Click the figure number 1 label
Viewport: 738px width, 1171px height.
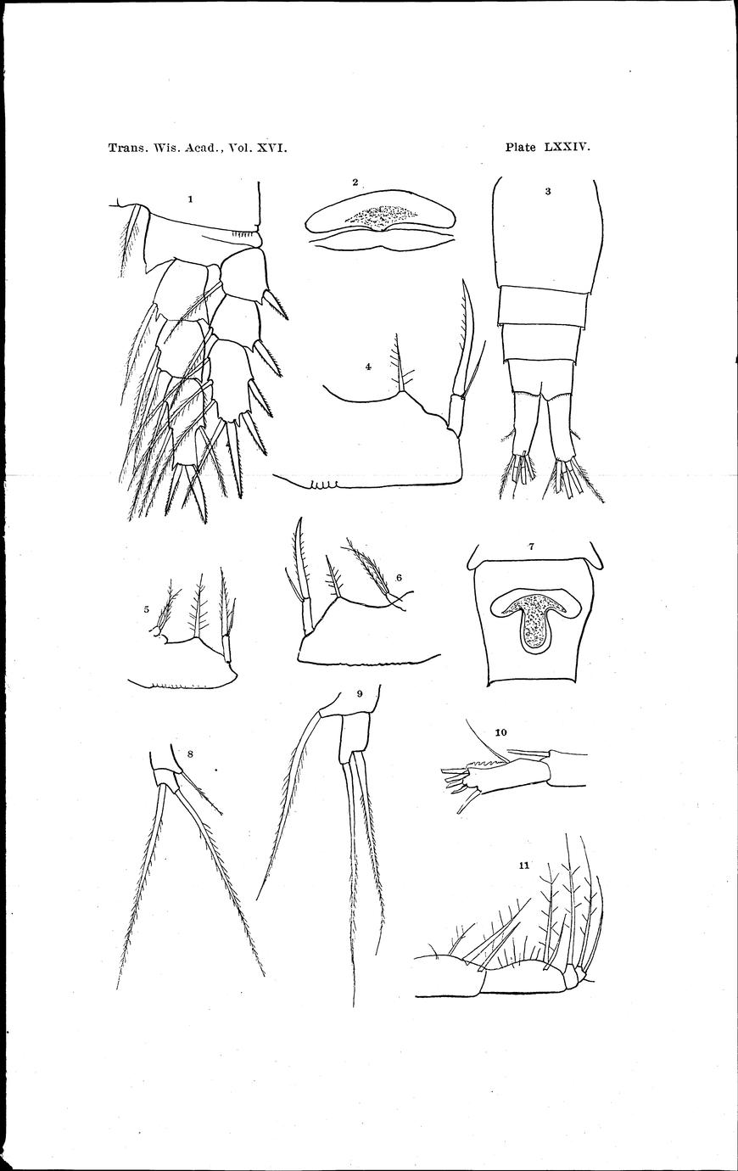pos(191,199)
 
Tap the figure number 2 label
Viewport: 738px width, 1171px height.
pos(355,182)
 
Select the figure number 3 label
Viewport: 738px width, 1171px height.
pos(548,191)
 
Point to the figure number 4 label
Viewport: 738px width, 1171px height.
pos(368,367)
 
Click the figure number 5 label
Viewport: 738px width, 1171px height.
pos(147,609)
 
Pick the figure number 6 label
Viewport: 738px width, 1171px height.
pos(399,577)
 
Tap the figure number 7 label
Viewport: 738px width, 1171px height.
pos(532,546)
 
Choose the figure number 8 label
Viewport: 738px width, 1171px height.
pos(190,754)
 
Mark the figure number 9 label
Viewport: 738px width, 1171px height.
pos(359,694)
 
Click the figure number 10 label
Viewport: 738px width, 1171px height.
pos(500,732)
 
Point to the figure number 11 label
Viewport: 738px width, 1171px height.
pos(523,866)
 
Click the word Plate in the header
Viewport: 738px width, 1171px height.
pos(521,148)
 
